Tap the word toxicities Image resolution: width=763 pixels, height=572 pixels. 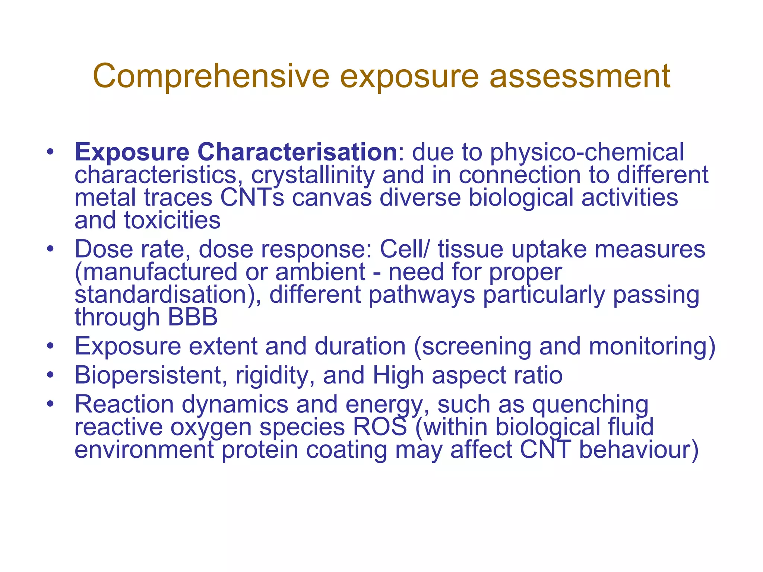(172, 220)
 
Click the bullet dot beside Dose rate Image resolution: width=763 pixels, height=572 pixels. (50, 248)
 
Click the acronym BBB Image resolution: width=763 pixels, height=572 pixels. (193, 317)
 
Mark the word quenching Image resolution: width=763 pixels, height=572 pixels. (590, 404)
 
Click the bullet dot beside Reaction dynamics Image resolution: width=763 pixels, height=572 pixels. (50, 404)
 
